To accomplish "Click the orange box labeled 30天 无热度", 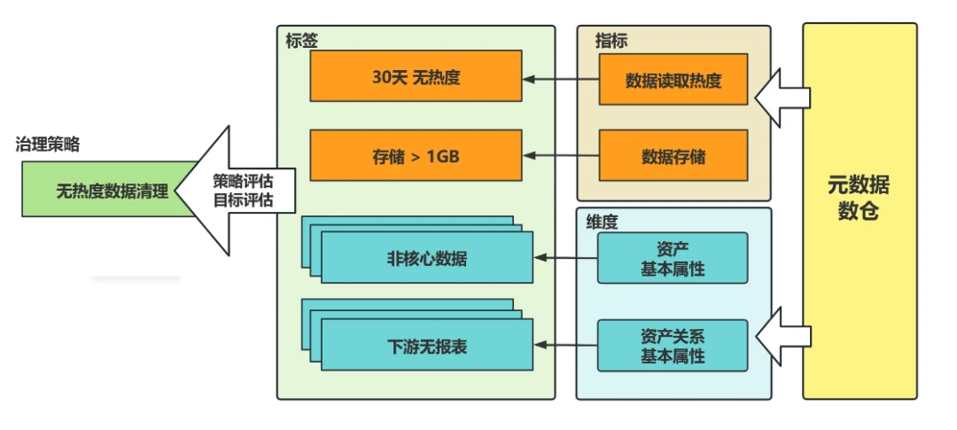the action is pyautogui.click(x=416, y=75).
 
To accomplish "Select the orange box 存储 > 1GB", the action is pyautogui.click(x=416, y=155).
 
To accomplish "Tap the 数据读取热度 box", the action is pyautogui.click(x=673, y=80).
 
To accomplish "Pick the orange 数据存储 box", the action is pyautogui.click(x=673, y=155).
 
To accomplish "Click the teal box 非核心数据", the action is pyautogui.click(x=426, y=257).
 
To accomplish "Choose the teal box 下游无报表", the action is pyautogui.click(x=426, y=345).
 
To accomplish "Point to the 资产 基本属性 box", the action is pyautogui.click(x=673, y=258).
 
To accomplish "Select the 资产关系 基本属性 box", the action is pyautogui.click(x=673, y=345).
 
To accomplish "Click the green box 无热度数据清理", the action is pyautogui.click(x=110, y=190).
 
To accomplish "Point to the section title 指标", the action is pyautogui.click(x=611, y=41).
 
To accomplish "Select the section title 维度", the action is pyautogui.click(x=602, y=221).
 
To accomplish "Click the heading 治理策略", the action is pyautogui.click(x=48, y=145).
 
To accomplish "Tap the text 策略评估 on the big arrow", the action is pyautogui.click(x=243, y=182).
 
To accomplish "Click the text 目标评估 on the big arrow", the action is pyautogui.click(x=243, y=200).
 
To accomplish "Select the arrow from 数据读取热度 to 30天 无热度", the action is pyautogui.click(x=561, y=80).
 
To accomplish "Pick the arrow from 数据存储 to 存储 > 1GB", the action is pyautogui.click(x=561, y=156).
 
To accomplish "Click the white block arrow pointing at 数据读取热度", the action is pyautogui.click(x=782, y=98).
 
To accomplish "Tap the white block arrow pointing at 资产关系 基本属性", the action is pyautogui.click(x=782, y=336).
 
